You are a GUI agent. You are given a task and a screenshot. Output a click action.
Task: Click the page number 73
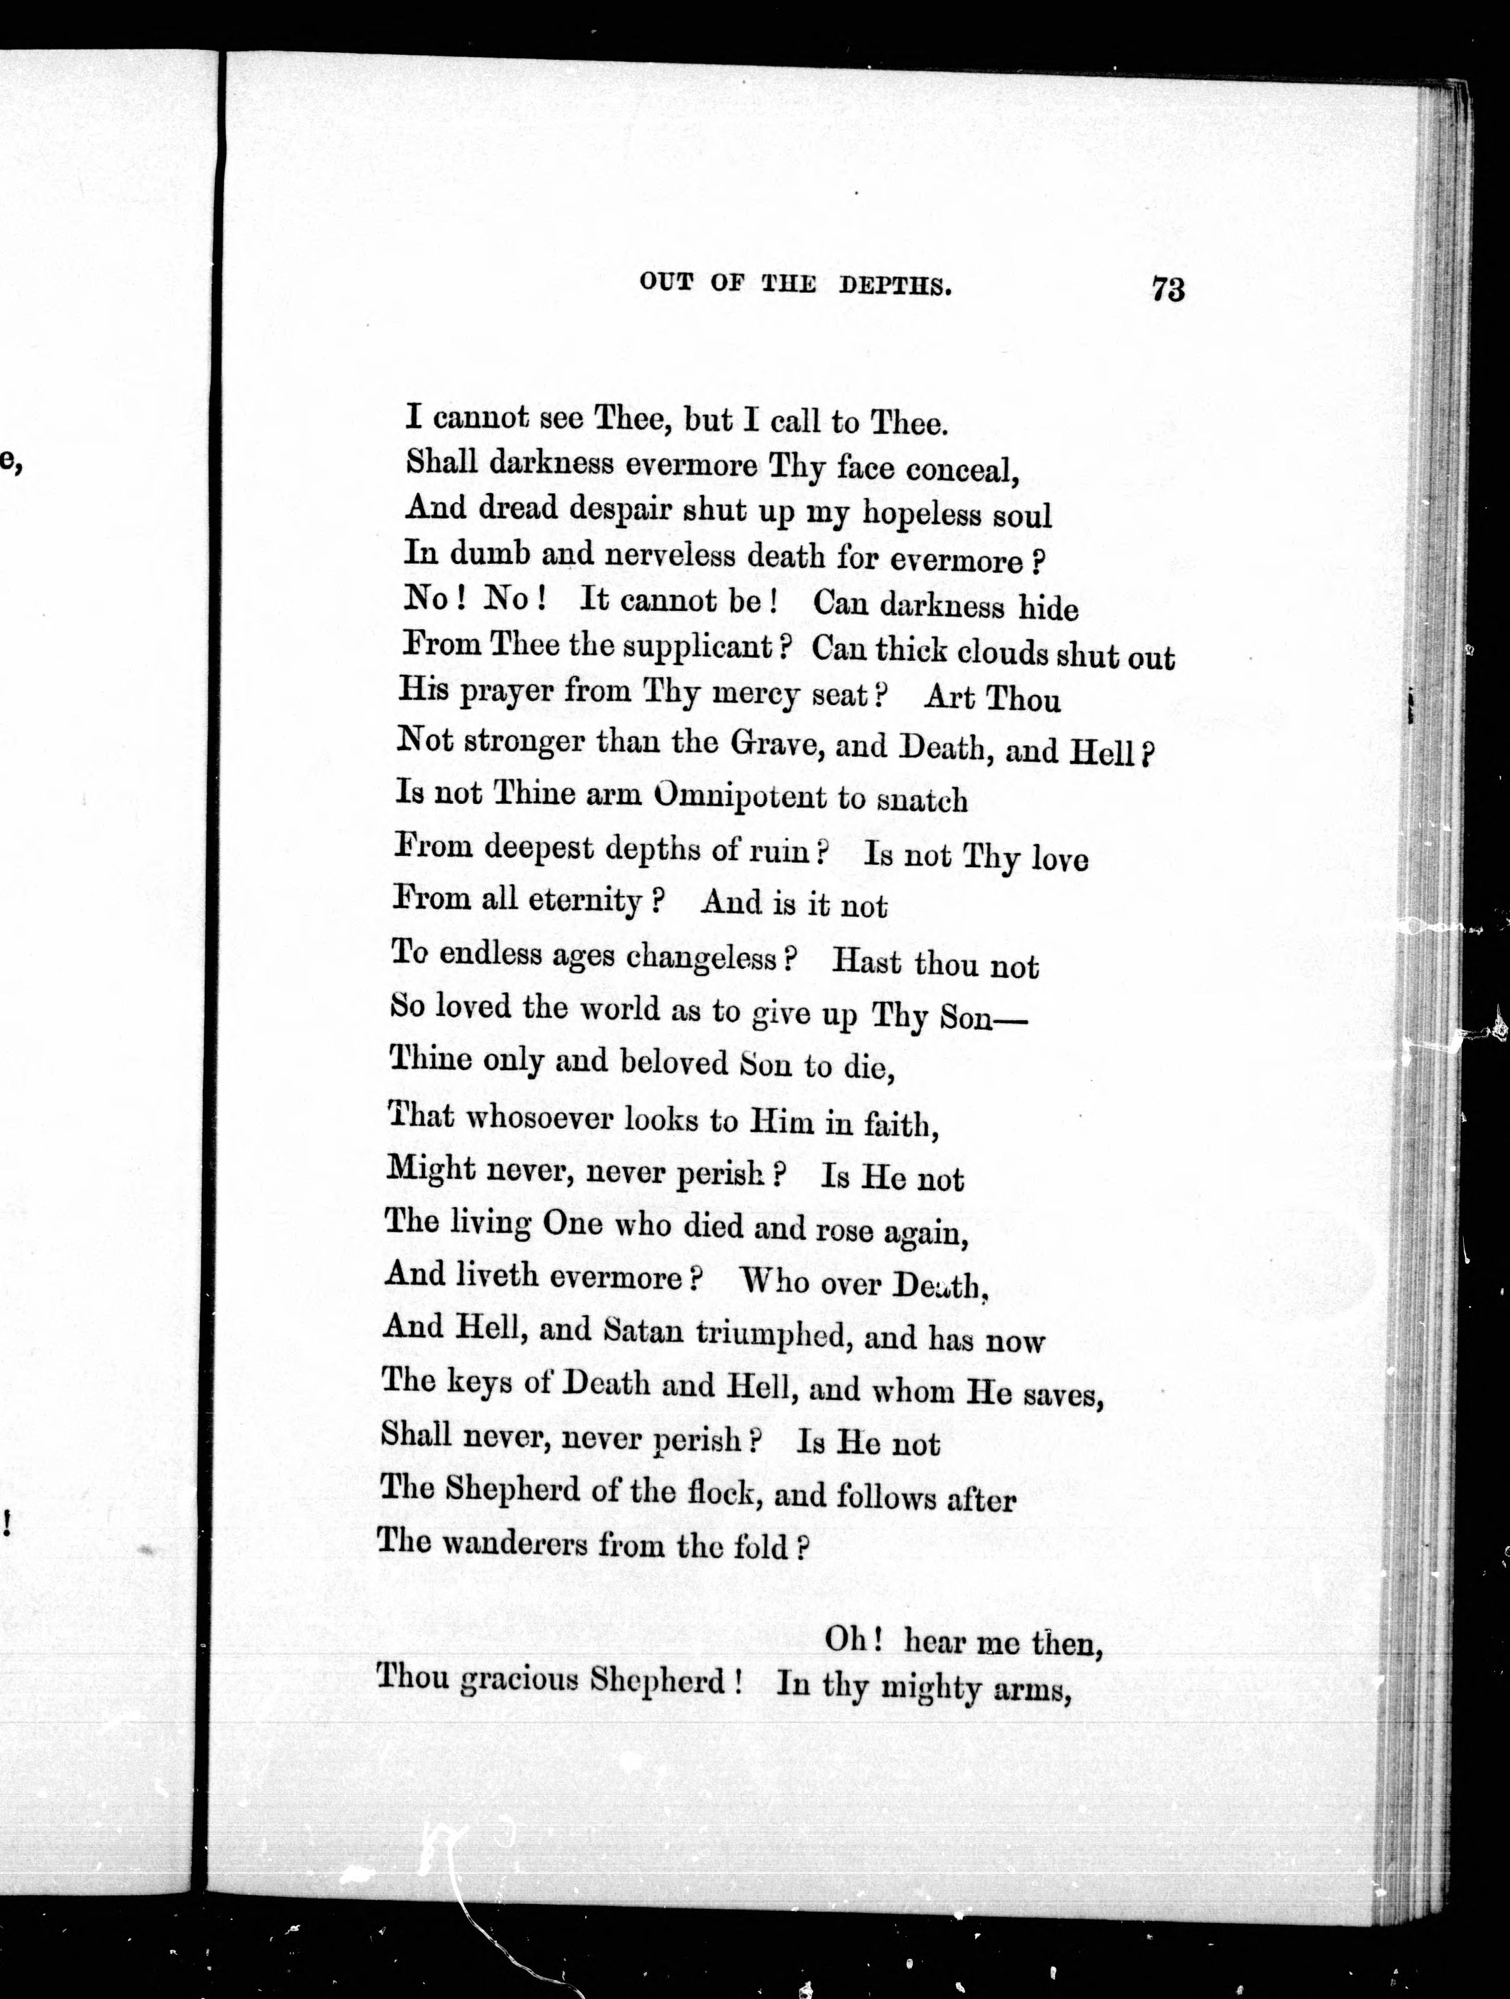pyautogui.click(x=1168, y=288)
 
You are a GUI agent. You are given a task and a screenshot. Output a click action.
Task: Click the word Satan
pyautogui.click(x=642, y=1331)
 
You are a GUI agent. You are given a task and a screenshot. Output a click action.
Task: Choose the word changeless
pyautogui.click(x=714, y=957)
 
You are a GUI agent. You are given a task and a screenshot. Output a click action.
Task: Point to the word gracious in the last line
pyautogui.click(x=519, y=1679)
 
